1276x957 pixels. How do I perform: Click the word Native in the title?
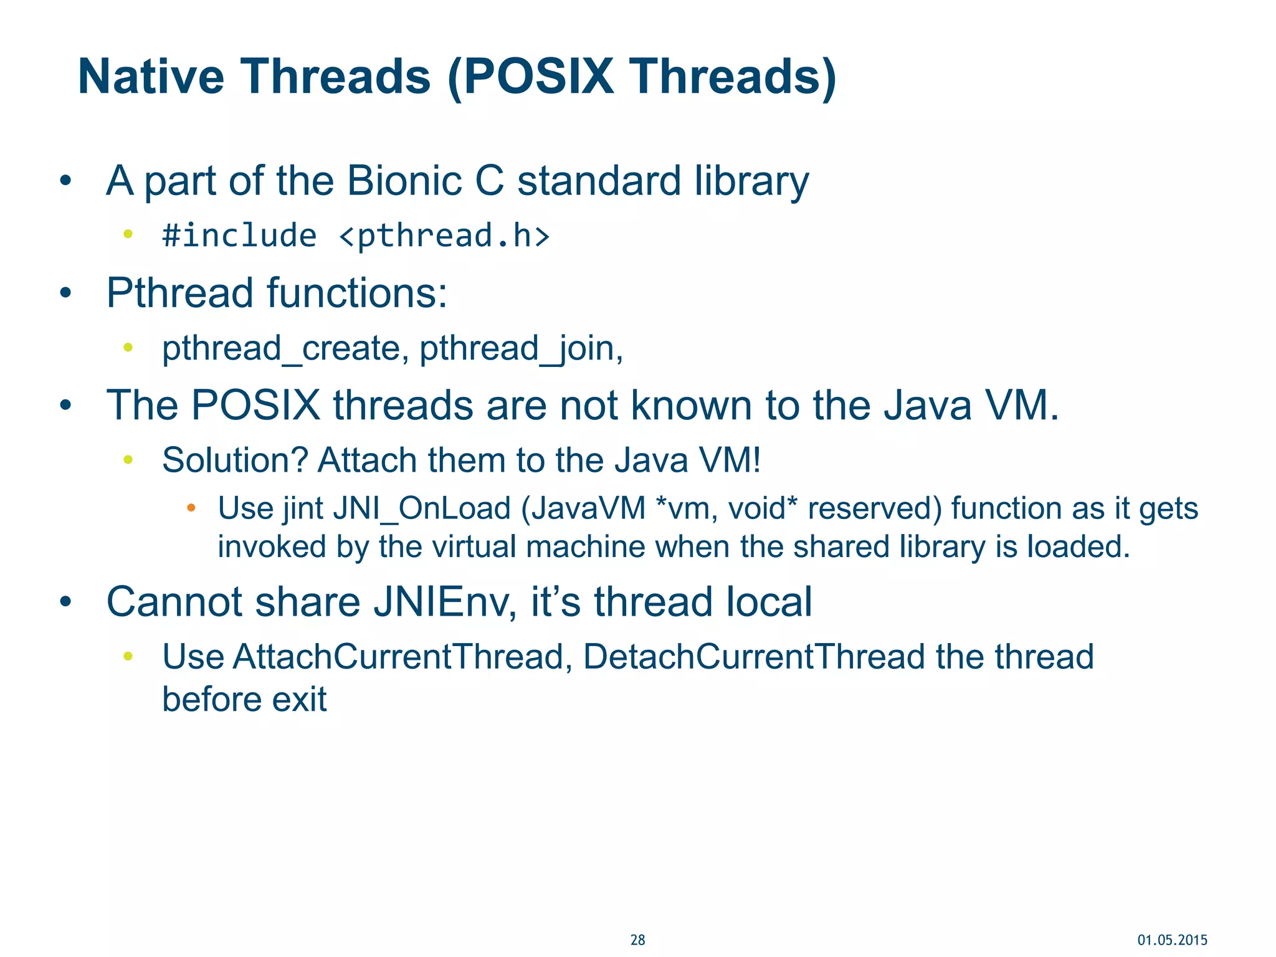point(151,77)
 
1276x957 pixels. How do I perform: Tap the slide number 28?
point(637,940)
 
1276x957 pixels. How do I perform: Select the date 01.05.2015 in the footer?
point(1172,940)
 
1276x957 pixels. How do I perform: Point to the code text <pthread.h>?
point(444,236)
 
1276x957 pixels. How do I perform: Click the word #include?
point(239,236)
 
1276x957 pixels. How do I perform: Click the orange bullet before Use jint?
point(191,508)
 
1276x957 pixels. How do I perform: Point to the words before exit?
point(244,699)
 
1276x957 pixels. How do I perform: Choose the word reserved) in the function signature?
point(875,508)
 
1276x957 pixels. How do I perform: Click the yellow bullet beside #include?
point(128,234)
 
